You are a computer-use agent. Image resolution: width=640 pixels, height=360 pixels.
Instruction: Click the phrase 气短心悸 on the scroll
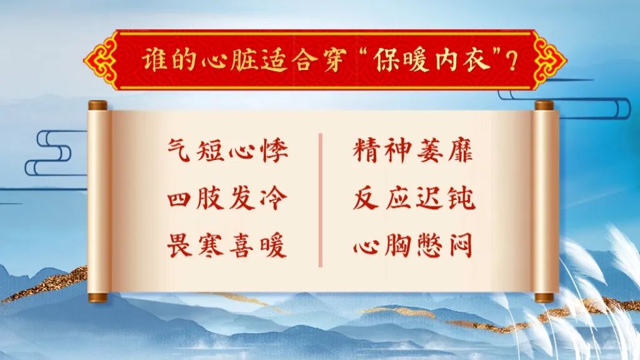[x=227, y=151]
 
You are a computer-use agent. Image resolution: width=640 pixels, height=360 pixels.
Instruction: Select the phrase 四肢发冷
[x=227, y=198]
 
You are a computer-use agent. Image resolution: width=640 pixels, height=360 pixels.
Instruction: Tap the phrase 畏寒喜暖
[x=227, y=245]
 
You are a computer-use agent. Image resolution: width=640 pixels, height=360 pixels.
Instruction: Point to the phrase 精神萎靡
[x=413, y=151]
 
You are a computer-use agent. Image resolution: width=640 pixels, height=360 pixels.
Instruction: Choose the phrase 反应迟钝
[x=414, y=198]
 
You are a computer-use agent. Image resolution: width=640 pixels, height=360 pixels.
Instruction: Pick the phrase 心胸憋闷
[x=412, y=245]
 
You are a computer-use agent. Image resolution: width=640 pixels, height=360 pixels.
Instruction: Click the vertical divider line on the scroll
[x=321, y=200]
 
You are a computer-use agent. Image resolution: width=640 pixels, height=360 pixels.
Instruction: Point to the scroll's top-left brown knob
[x=97, y=106]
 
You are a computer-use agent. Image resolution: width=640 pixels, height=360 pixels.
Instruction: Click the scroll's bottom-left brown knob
[x=97, y=297]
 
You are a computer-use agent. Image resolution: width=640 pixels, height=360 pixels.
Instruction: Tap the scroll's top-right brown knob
[x=544, y=106]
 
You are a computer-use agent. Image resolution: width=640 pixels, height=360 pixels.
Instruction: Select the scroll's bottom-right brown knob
[x=544, y=297]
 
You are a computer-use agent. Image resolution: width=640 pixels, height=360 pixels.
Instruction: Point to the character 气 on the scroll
[x=179, y=151]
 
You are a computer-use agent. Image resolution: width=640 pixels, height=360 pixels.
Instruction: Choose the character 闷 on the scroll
[x=461, y=245]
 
